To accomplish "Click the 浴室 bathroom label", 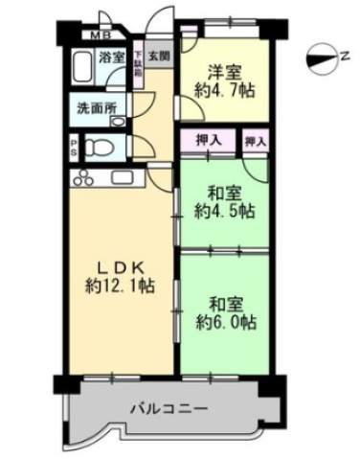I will [x=112, y=57].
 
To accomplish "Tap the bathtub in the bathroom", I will [x=81, y=70].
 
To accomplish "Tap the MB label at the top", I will [x=100, y=35].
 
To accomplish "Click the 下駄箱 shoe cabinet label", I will [x=140, y=68].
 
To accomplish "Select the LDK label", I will [x=115, y=264].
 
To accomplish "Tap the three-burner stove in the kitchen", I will [x=81, y=178].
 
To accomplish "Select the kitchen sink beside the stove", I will [x=121, y=178].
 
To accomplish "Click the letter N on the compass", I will [x=343, y=57].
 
